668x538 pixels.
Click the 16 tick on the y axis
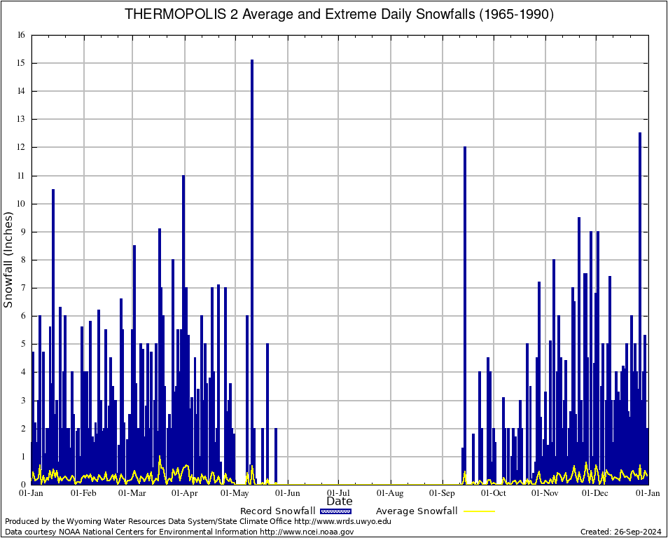click(x=21, y=35)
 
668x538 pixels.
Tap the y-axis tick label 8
click(x=22, y=260)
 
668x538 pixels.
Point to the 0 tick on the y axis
click(x=22, y=485)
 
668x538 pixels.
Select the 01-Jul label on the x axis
click(x=339, y=493)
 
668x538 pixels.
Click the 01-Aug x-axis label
click(x=391, y=493)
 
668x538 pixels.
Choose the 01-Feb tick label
click(x=83, y=493)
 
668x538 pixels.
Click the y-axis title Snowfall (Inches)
click(x=8, y=260)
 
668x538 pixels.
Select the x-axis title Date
click(x=339, y=502)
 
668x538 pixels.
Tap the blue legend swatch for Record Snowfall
click(x=337, y=511)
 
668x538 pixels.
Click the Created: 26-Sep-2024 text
click(x=620, y=532)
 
